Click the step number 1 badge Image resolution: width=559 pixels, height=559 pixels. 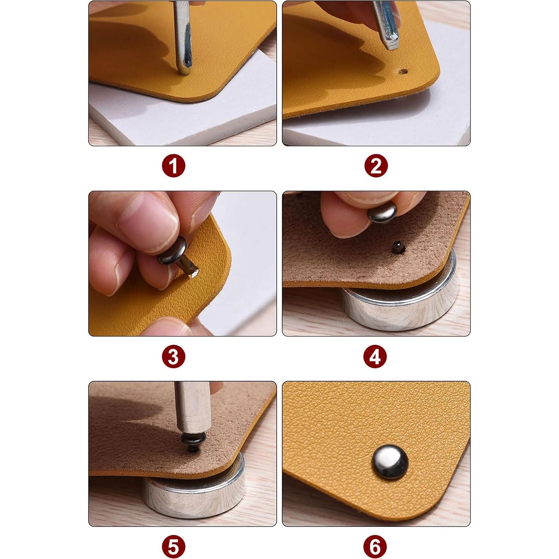coord(174,166)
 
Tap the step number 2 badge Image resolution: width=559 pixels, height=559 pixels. coord(376,166)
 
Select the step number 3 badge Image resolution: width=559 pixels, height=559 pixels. coord(174,356)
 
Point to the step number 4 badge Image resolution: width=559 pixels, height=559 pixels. coord(375,356)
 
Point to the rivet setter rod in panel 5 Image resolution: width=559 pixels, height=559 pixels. coord(192,408)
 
